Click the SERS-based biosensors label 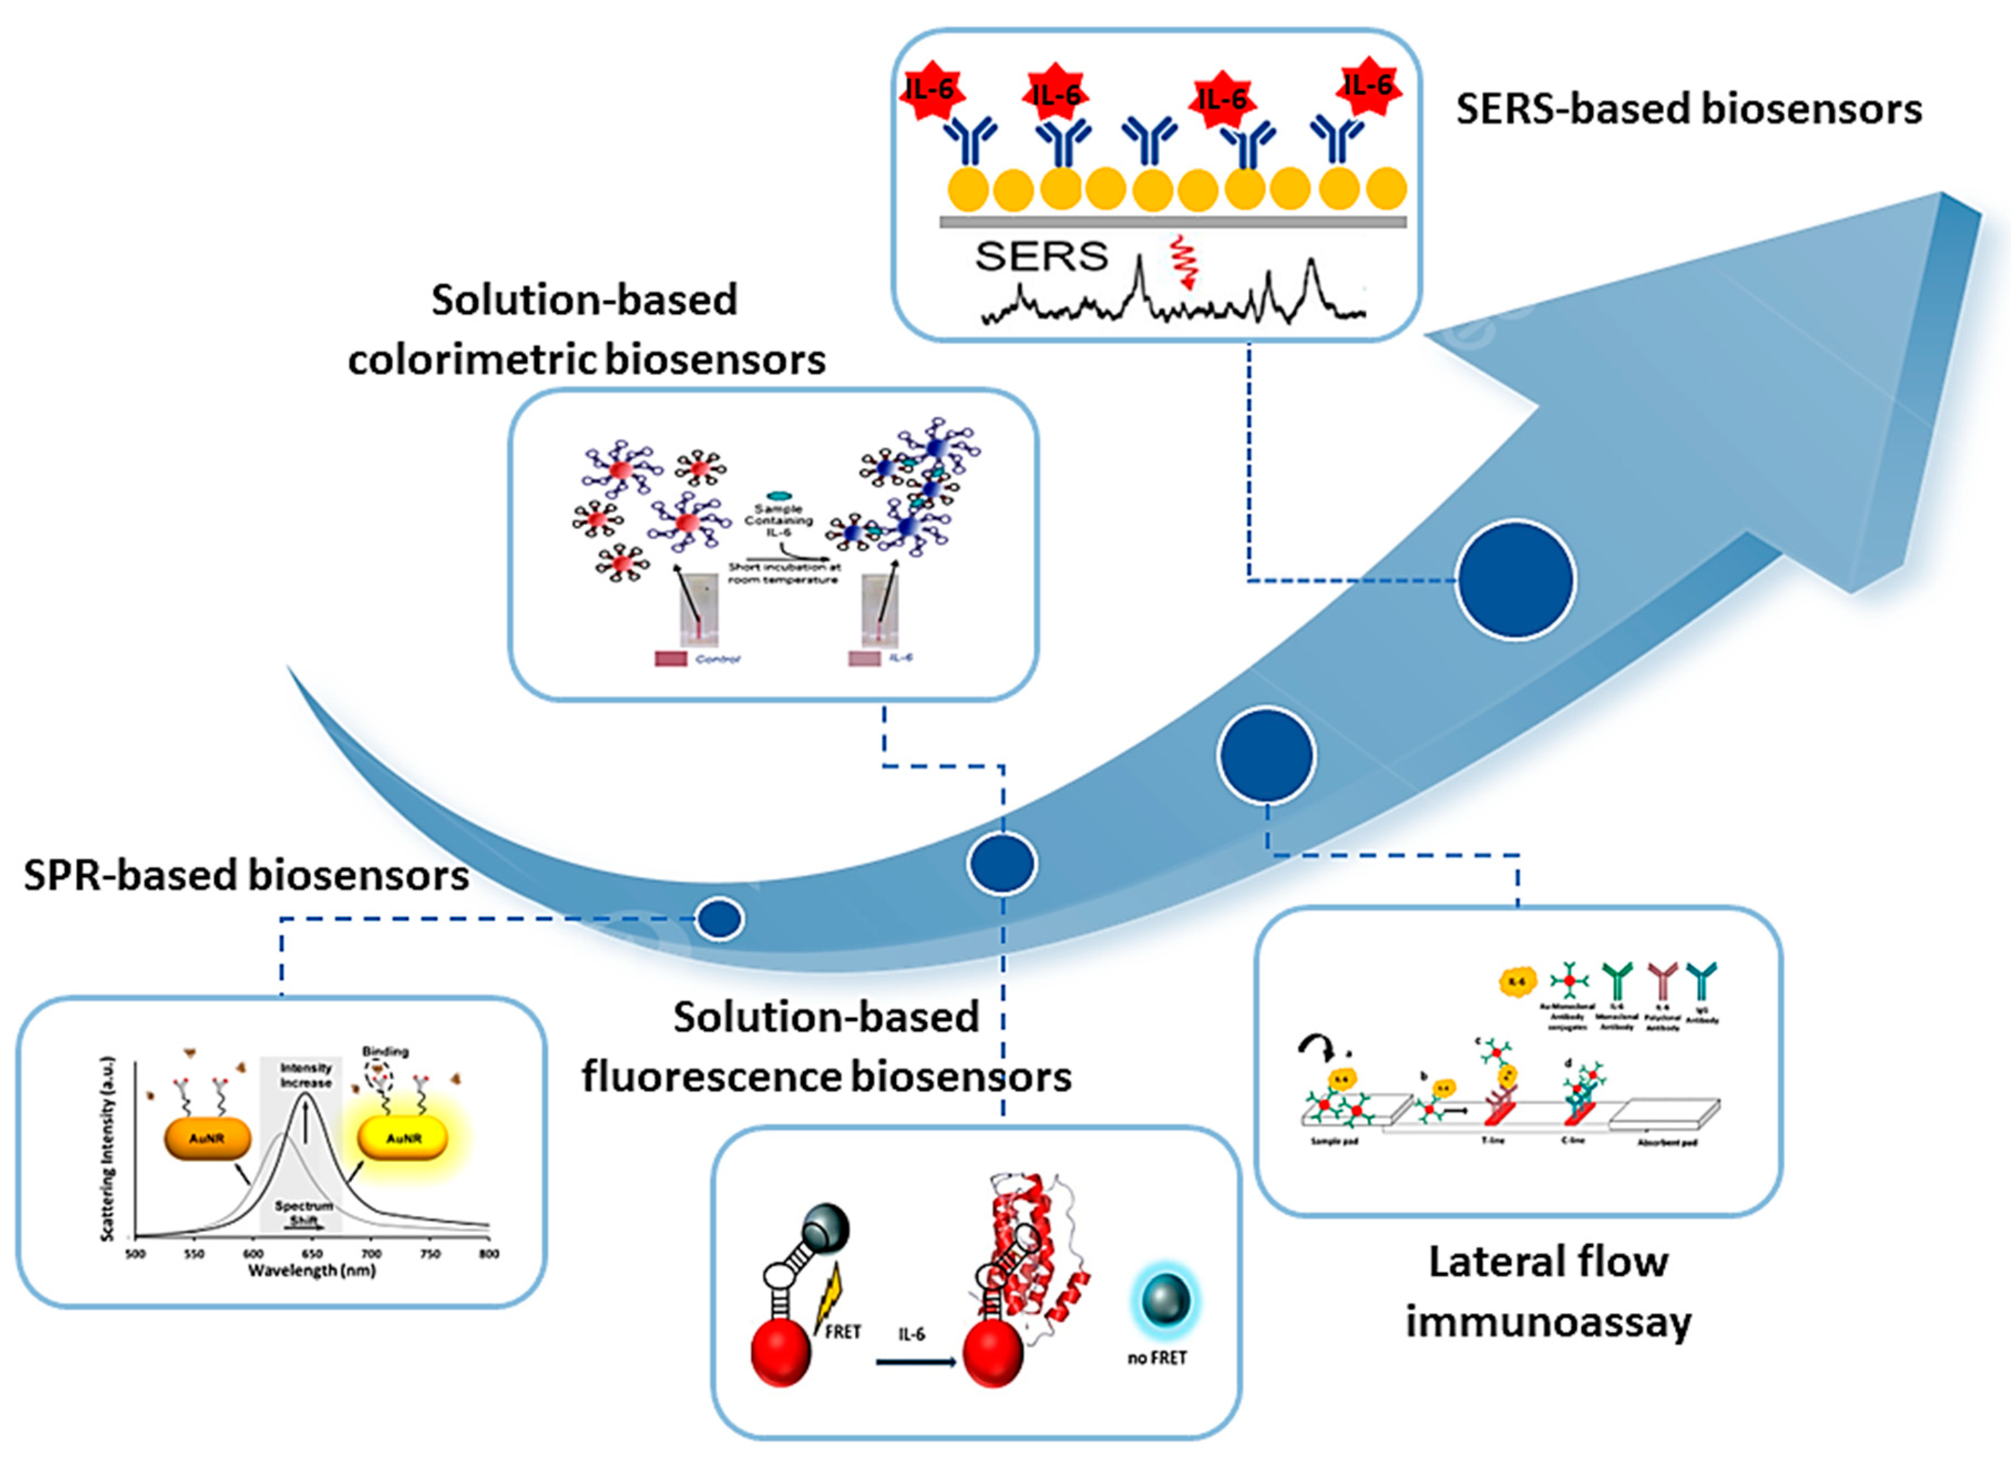pyautogui.click(x=1688, y=110)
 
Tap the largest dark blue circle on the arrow pyautogui.click(x=1515, y=580)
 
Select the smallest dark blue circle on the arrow pyautogui.click(x=719, y=919)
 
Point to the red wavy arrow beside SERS pyautogui.click(x=1182, y=262)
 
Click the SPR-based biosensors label pyautogui.click(x=245, y=875)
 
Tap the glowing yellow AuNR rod pyautogui.click(x=403, y=1139)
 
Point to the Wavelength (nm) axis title pyautogui.click(x=311, y=1271)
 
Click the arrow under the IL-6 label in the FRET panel pyautogui.click(x=915, y=1361)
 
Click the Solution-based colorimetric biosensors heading pyautogui.click(x=586, y=330)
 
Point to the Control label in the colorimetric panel pyautogui.click(x=718, y=659)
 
